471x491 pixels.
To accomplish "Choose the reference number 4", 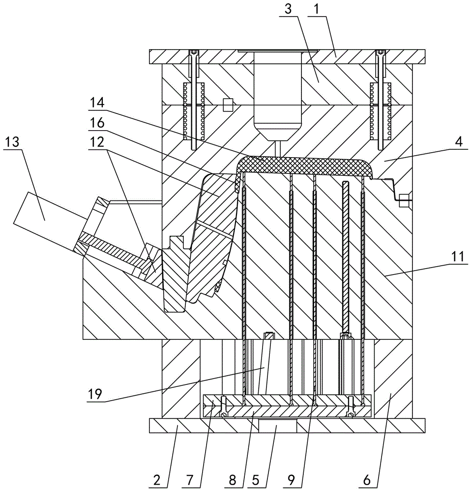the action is pyautogui.click(x=459, y=142).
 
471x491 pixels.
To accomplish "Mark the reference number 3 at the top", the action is pyautogui.click(x=288, y=9).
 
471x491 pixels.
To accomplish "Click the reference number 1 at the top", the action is pyautogui.click(x=316, y=9).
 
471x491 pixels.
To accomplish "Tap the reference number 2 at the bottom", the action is pyautogui.click(x=157, y=480).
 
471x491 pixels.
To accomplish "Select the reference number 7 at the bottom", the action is pyautogui.click(x=190, y=480).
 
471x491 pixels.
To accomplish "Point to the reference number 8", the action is pyautogui.click(x=233, y=480).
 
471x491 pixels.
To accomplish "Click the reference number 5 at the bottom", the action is pyautogui.click(x=256, y=480).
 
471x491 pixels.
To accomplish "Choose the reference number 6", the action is pyautogui.click(x=366, y=480).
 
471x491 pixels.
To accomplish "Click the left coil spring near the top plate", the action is pyautogui.click(x=194, y=111).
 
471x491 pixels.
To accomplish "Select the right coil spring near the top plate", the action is pyautogui.click(x=381, y=111).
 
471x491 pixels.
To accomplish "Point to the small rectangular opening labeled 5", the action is pyautogui.click(x=277, y=425).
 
